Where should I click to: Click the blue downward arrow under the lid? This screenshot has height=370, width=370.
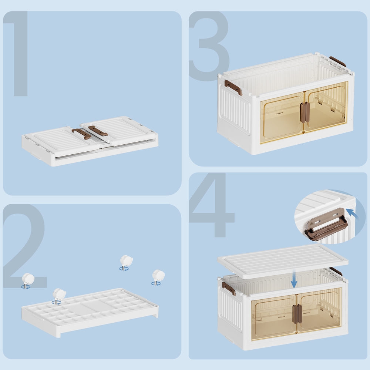[294, 279]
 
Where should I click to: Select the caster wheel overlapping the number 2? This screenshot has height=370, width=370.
[28, 281]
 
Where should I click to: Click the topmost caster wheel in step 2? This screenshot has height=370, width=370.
[126, 263]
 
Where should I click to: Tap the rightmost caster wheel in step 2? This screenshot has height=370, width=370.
[158, 277]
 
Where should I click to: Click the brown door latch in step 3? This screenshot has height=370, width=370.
[305, 112]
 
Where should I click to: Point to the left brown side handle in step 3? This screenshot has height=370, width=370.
[233, 87]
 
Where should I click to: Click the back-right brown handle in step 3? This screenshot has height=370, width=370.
[338, 61]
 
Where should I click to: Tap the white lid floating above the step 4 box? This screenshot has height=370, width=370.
[282, 261]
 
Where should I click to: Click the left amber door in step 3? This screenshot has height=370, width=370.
[282, 118]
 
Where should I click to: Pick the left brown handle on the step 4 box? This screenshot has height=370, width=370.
[229, 288]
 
